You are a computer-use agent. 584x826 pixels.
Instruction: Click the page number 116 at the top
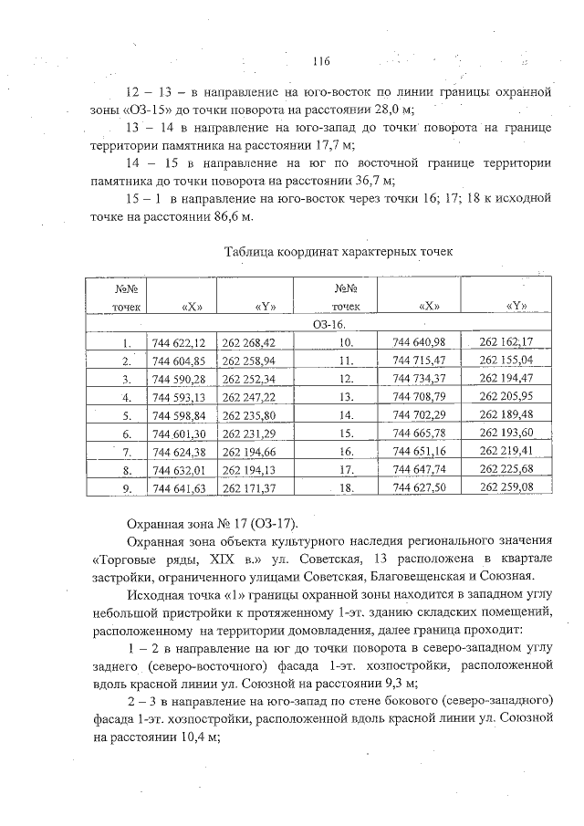click(x=319, y=61)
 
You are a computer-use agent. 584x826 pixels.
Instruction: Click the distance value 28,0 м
click(x=390, y=108)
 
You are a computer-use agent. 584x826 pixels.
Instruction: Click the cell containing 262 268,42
click(x=248, y=342)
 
